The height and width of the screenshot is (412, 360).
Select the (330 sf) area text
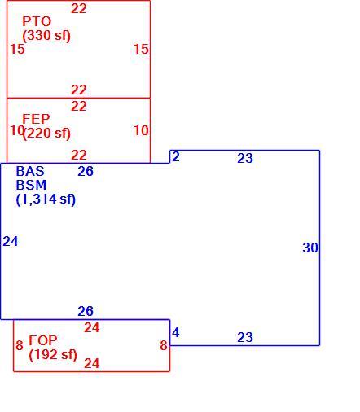click(x=46, y=36)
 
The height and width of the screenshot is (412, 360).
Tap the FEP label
click(x=36, y=119)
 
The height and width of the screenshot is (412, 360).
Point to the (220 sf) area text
click(x=46, y=133)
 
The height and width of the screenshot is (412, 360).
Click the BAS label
click(x=30, y=171)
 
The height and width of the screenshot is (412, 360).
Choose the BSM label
click(x=31, y=185)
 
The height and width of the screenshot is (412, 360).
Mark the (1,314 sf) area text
click(x=46, y=199)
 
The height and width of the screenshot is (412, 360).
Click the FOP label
click(x=43, y=340)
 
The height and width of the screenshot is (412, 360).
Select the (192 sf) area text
click(x=53, y=354)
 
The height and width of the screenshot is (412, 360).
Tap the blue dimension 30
click(x=310, y=248)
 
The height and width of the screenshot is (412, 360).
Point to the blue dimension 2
click(x=176, y=157)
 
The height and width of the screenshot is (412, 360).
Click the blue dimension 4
click(x=176, y=332)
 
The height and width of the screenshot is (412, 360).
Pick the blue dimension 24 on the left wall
click(x=11, y=241)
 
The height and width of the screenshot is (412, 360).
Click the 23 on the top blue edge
click(x=245, y=158)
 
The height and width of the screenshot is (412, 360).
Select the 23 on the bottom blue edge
click(x=245, y=337)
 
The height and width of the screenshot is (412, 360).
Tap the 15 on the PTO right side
click(x=141, y=49)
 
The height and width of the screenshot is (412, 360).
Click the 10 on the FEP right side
click(x=141, y=130)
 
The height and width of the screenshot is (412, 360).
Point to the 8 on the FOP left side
click(x=20, y=345)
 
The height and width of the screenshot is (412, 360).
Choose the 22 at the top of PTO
click(x=79, y=9)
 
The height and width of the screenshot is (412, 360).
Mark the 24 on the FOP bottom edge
click(x=92, y=363)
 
